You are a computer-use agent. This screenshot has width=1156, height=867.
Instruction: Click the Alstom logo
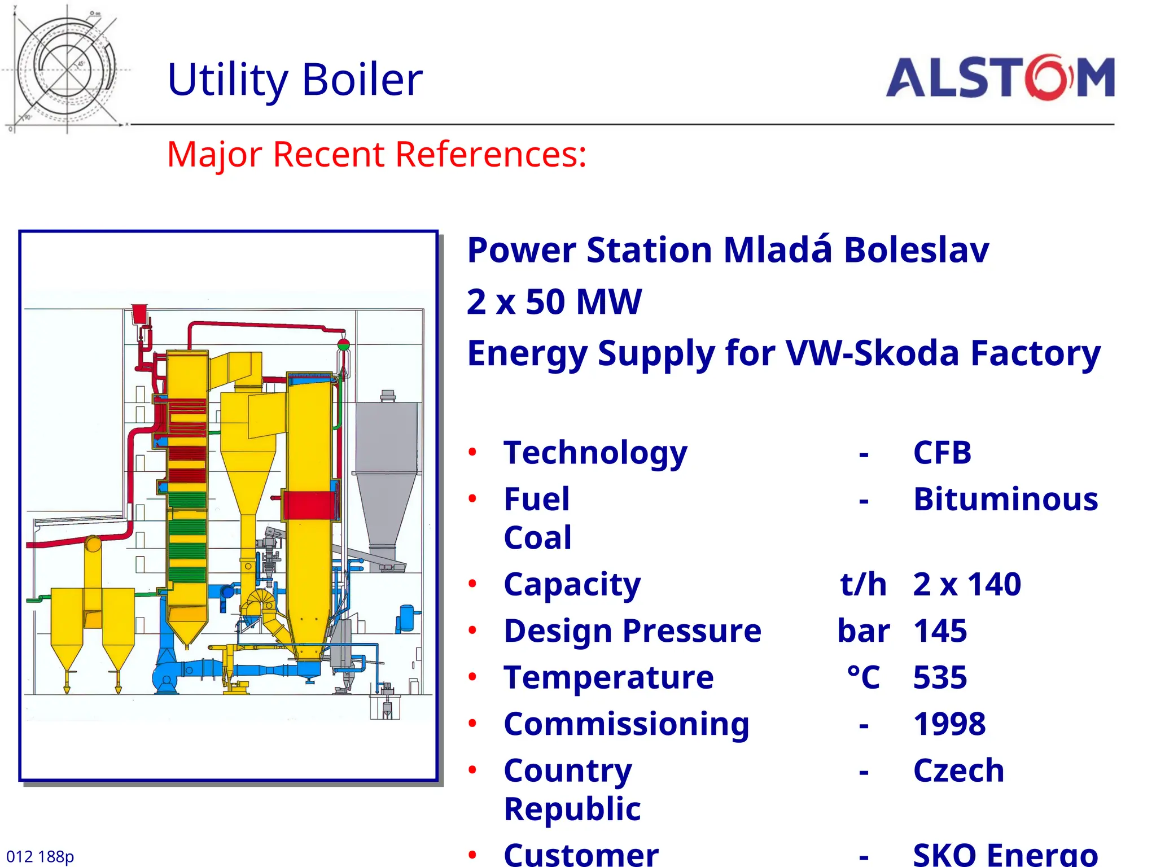(1000, 78)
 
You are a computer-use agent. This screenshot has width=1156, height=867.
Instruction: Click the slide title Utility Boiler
(295, 79)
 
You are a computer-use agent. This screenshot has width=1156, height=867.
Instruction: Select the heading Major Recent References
(376, 154)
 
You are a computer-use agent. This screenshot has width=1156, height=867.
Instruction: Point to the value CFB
(942, 453)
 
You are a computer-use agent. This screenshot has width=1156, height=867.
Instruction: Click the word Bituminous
(1005, 500)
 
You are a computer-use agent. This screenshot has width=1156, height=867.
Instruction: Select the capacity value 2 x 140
(967, 584)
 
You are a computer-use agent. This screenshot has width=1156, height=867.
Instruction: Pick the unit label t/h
(863, 584)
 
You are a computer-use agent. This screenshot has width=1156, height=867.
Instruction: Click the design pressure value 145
(940, 631)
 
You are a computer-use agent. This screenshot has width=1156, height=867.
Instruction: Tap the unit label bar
(863, 631)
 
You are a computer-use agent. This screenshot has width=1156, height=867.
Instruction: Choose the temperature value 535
(940, 677)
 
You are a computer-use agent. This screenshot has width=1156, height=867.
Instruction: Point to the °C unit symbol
(863, 677)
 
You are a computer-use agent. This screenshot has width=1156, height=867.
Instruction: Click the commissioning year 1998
(949, 724)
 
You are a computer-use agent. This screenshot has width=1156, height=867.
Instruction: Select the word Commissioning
(627, 724)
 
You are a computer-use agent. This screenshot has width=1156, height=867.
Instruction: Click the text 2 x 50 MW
(554, 301)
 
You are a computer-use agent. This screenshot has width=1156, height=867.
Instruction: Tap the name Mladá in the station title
(778, 250)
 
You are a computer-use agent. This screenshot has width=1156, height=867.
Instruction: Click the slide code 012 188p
(40, 856)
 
